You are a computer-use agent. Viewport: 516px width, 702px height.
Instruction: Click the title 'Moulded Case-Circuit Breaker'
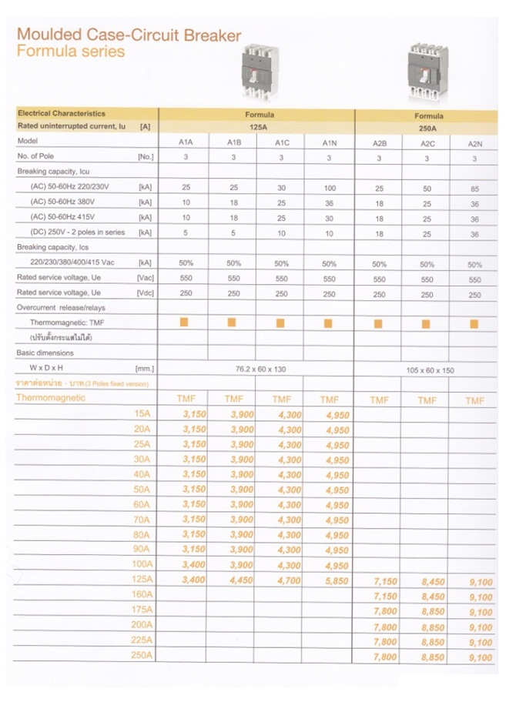[x=129, y=35]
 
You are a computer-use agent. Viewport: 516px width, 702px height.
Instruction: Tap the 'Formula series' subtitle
[x=70, y=52]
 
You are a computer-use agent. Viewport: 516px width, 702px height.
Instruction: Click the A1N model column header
[x=329, y=143]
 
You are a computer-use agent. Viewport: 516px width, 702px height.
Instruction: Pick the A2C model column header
[x=427, y=144]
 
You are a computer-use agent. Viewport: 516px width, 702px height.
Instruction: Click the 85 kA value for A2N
[x=474, y=189]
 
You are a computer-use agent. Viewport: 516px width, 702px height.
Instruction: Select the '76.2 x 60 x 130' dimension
[x=260, y=369]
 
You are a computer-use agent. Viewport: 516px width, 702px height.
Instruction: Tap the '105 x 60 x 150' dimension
[x=430, y=370]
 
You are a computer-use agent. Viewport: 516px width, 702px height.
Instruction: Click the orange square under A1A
[x=184, y=323]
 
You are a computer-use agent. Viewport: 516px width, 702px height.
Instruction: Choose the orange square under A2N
[x=474, y=324]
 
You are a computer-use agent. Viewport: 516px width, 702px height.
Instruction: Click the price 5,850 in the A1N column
[x=337, y=581]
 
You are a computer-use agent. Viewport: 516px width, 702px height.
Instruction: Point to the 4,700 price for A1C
[x=289, y=581]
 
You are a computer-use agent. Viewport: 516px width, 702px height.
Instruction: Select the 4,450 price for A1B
[x=242, y=581]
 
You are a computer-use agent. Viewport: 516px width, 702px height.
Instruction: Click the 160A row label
[x=142, y=595]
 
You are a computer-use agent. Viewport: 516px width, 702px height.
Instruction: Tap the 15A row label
[x=144, y=414]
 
